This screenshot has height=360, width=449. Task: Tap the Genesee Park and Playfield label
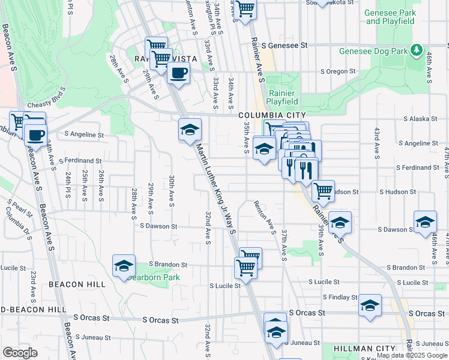pyautogui.click(x=390, y=17)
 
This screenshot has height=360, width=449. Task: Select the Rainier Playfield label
pyautogui.click(x=282, y=97)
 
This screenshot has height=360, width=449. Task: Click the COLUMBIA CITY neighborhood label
pyautogui.click(x=272, y=115)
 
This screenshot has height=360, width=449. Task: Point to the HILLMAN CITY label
pyautogui.click(x=364, y=349)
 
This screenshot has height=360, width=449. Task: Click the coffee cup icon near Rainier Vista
pyautogui.click(x=178, y=74)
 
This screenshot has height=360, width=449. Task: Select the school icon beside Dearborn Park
pyautogui.click(x=124, y=265)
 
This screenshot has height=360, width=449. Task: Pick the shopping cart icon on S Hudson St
pyautogui.click(x=323, y=191)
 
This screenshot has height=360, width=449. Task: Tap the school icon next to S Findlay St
pyautogui.click(x=370, y=305)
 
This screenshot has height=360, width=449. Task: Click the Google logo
pyautogui.click(x=20, y=352)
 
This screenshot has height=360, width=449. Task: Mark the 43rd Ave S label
pyautogui.click(x=376, y=139)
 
